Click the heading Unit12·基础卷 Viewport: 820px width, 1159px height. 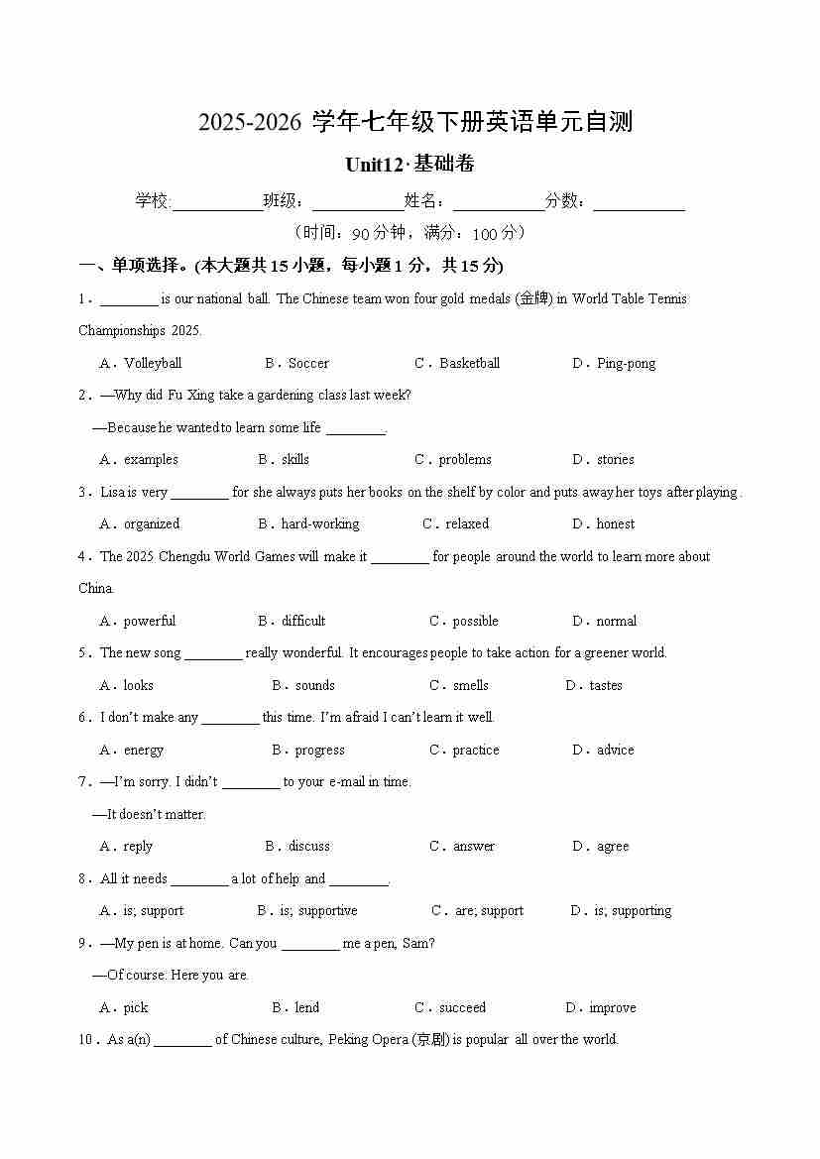click(410, 165)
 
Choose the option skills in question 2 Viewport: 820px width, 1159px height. click(295, 459)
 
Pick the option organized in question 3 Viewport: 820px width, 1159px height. click(152, 523)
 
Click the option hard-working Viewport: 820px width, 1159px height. click(320, 523)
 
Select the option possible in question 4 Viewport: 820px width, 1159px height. click(475, 621)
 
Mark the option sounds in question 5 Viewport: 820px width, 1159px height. click(315, 685)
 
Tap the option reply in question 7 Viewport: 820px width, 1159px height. click(138, 846)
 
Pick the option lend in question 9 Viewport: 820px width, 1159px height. click(307, 1007)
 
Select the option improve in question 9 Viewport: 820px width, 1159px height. click(612, 1007)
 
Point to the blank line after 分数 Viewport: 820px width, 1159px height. click(639, 202)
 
